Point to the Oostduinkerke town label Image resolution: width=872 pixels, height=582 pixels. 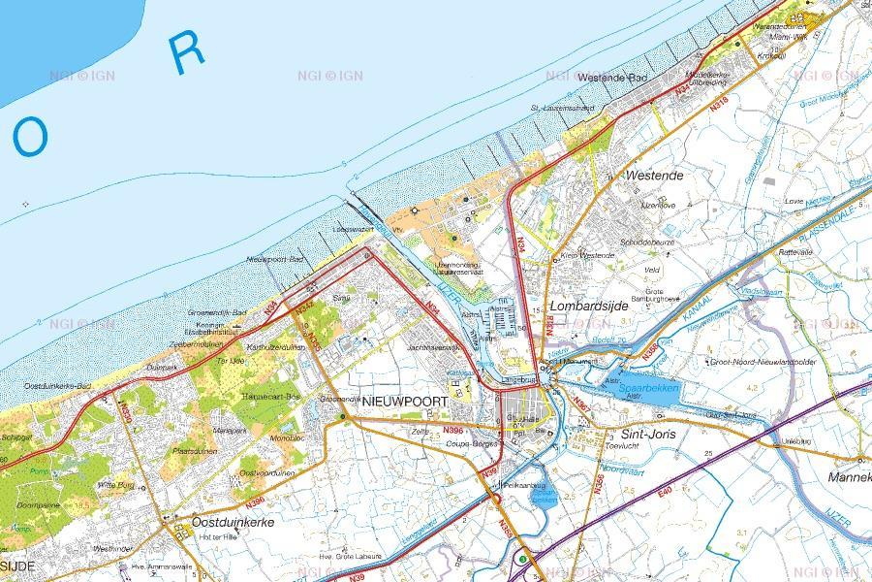point(234,521)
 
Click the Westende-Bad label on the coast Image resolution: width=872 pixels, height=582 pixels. point(612,77)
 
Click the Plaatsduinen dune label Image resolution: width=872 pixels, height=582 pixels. point(194,451)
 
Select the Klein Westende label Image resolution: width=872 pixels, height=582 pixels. point(585,255)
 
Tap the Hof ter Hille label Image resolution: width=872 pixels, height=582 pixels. point(217,536)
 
